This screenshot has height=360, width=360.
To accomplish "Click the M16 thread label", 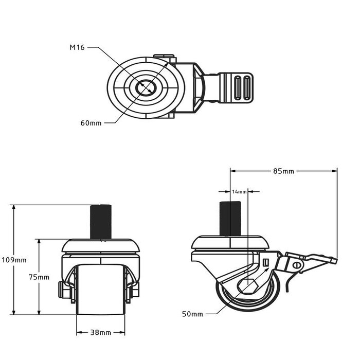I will tap(77, 48).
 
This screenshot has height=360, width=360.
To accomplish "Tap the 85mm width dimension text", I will tap(283, 171).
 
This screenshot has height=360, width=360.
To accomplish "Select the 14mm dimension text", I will tap(239, 191).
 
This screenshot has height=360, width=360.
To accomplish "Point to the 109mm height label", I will tap(13, 260).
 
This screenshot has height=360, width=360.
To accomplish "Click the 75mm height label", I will tap(39, 277).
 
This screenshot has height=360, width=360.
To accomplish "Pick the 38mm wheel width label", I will tap(100, 333).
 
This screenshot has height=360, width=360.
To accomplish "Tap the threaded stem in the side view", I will tap(231, 219).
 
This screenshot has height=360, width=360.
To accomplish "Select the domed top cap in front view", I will tap(101, 244).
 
